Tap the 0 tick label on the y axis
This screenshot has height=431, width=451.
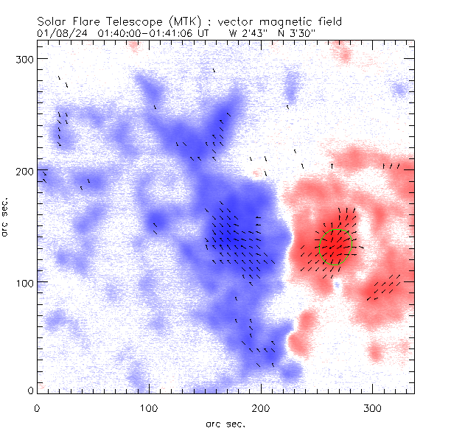29,390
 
